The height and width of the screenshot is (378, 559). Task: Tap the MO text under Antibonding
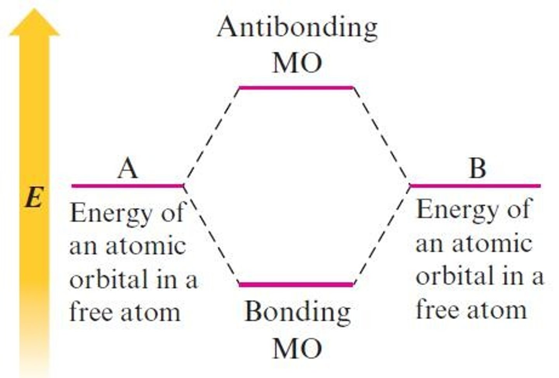(297, 63)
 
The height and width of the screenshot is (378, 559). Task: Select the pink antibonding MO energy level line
(296, 88)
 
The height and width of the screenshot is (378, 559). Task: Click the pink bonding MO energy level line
(296, 284)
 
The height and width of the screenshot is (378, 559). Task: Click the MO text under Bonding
(297, 349)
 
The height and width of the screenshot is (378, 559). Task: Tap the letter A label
(128, 169)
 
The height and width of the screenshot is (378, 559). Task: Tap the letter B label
(477, 169)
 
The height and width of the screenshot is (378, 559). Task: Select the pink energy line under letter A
(127, 186)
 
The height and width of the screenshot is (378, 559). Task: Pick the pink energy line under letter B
(475, 186)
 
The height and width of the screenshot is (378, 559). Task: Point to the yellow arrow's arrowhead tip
(34, 11)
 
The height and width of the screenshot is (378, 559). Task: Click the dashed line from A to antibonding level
(212, 136)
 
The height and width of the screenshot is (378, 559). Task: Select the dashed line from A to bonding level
(212, 237)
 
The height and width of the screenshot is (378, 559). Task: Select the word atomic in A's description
(146, 247)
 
